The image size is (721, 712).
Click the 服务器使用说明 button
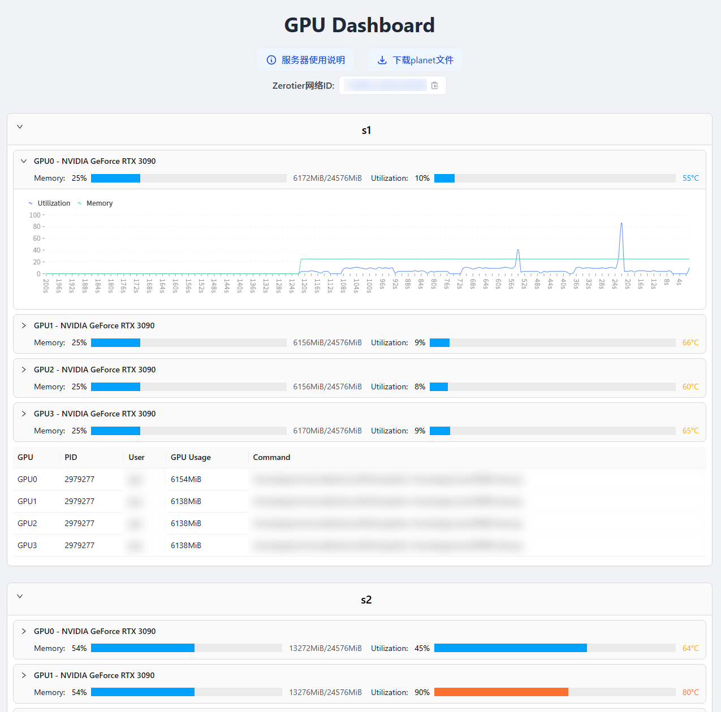click(x=305, y=60)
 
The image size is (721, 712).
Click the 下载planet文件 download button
click(x=415, y=60)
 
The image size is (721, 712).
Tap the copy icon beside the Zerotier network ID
click(x=434, y=85)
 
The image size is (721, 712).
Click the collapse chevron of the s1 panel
click(x=20, y=127)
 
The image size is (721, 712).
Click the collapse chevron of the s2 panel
click(x=20, y=597)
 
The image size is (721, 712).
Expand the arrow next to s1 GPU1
click(x=24, y=325)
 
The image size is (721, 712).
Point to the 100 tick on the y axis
click(x=35, y=215)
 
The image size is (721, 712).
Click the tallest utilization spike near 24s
click(x=621, y=224)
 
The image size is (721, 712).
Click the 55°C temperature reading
click(x=690, y=178)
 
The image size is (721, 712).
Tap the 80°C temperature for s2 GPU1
click(x=690, y=692)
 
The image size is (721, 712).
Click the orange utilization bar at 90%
click(x=501, y=692)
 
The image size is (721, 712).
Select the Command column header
click(x=271, y=457)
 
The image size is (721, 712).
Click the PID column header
click(x=71, y=457)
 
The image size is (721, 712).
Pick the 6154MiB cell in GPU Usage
click(x=186, y=479)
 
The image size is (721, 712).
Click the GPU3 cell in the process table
click(x=27, y=545)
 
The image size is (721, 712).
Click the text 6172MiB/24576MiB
click(x=327, y=178)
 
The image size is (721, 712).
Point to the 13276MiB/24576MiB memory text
click(x=325, y=692)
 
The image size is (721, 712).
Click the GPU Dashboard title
click(x=360, y=25)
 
